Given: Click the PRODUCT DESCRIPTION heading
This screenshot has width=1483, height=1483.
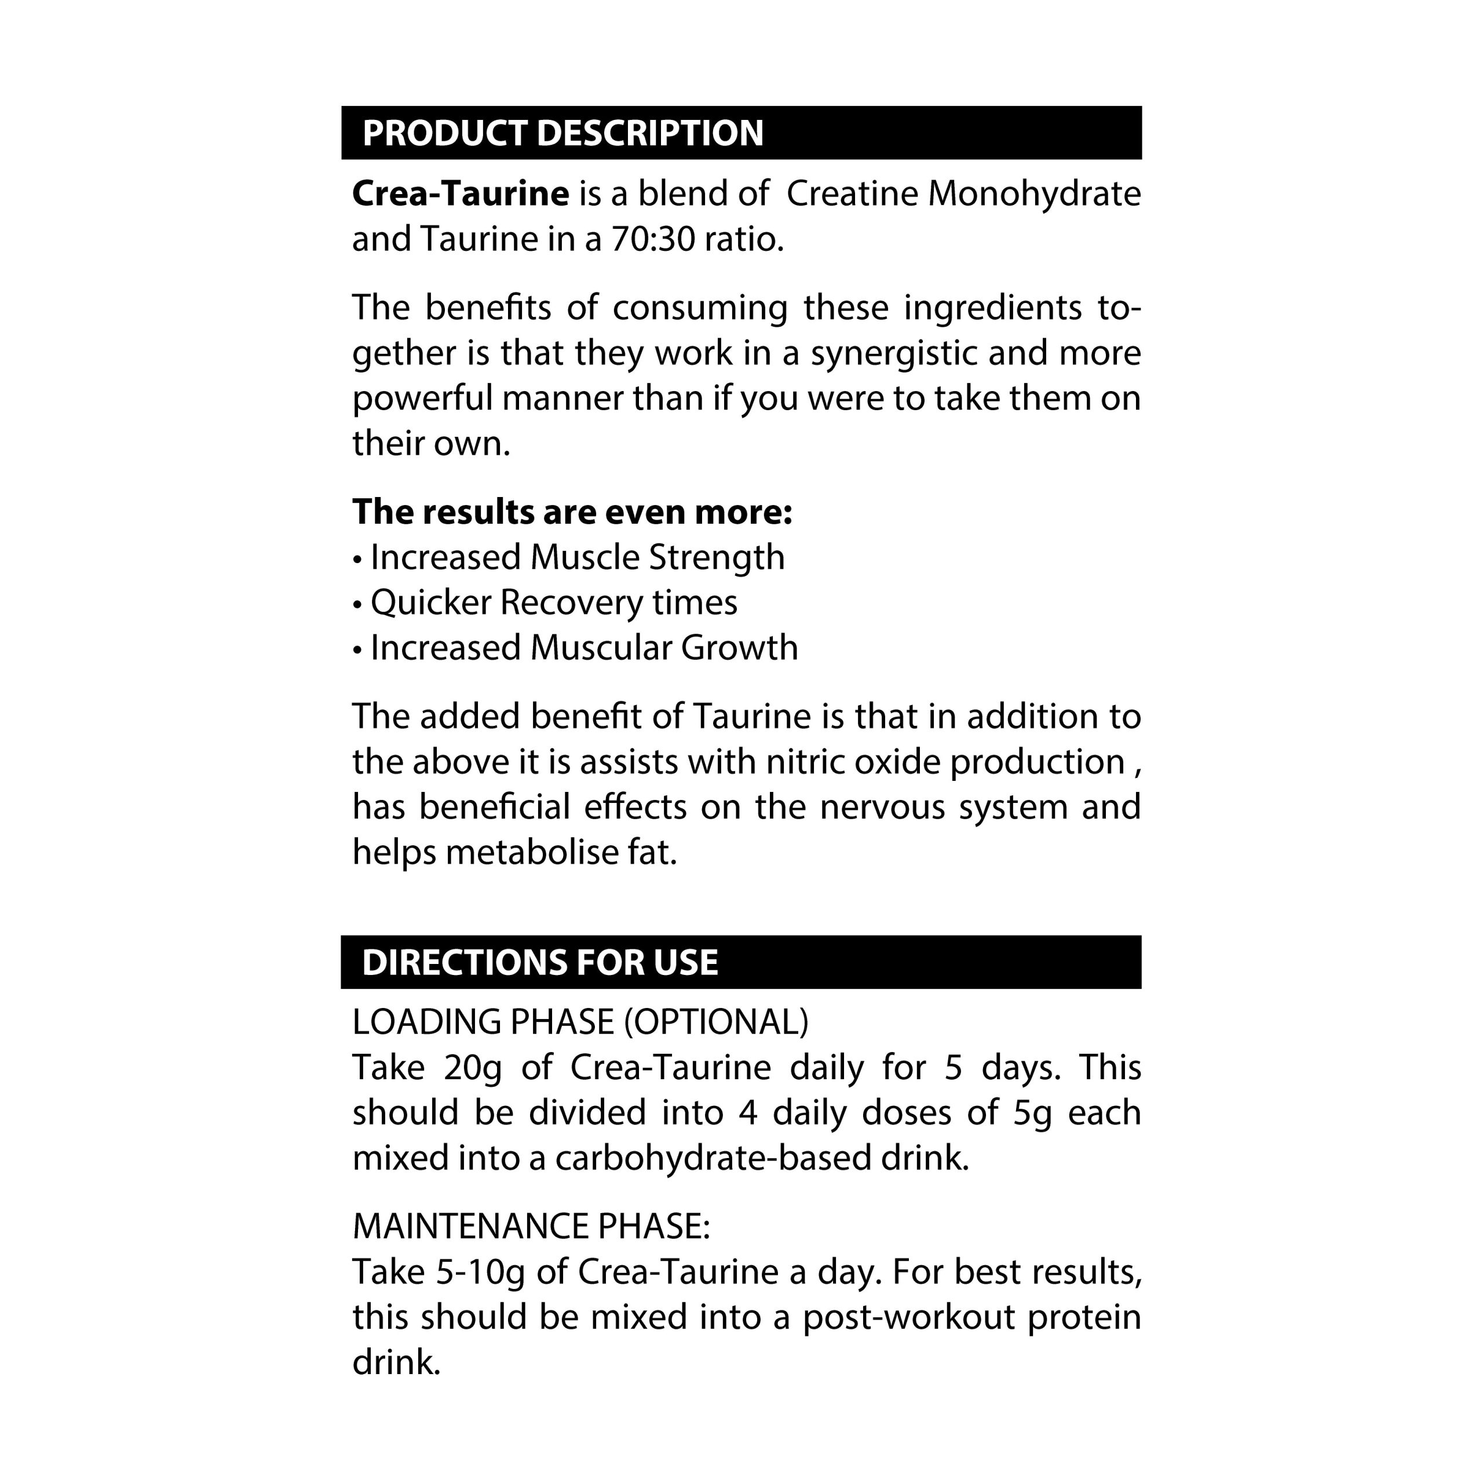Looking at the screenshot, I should click(562, 133).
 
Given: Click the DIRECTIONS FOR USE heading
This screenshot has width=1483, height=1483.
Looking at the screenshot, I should click(540, 962).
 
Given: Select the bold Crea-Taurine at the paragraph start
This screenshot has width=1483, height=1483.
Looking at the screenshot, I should click(460, 193).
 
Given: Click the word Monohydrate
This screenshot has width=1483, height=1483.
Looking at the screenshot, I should click(1034, 193).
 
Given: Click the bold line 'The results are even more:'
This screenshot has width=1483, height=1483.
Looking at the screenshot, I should click(572, 511).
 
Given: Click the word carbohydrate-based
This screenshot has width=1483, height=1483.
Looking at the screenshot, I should click(713, 1157).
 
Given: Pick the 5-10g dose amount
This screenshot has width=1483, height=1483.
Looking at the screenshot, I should click(480, 1272).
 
